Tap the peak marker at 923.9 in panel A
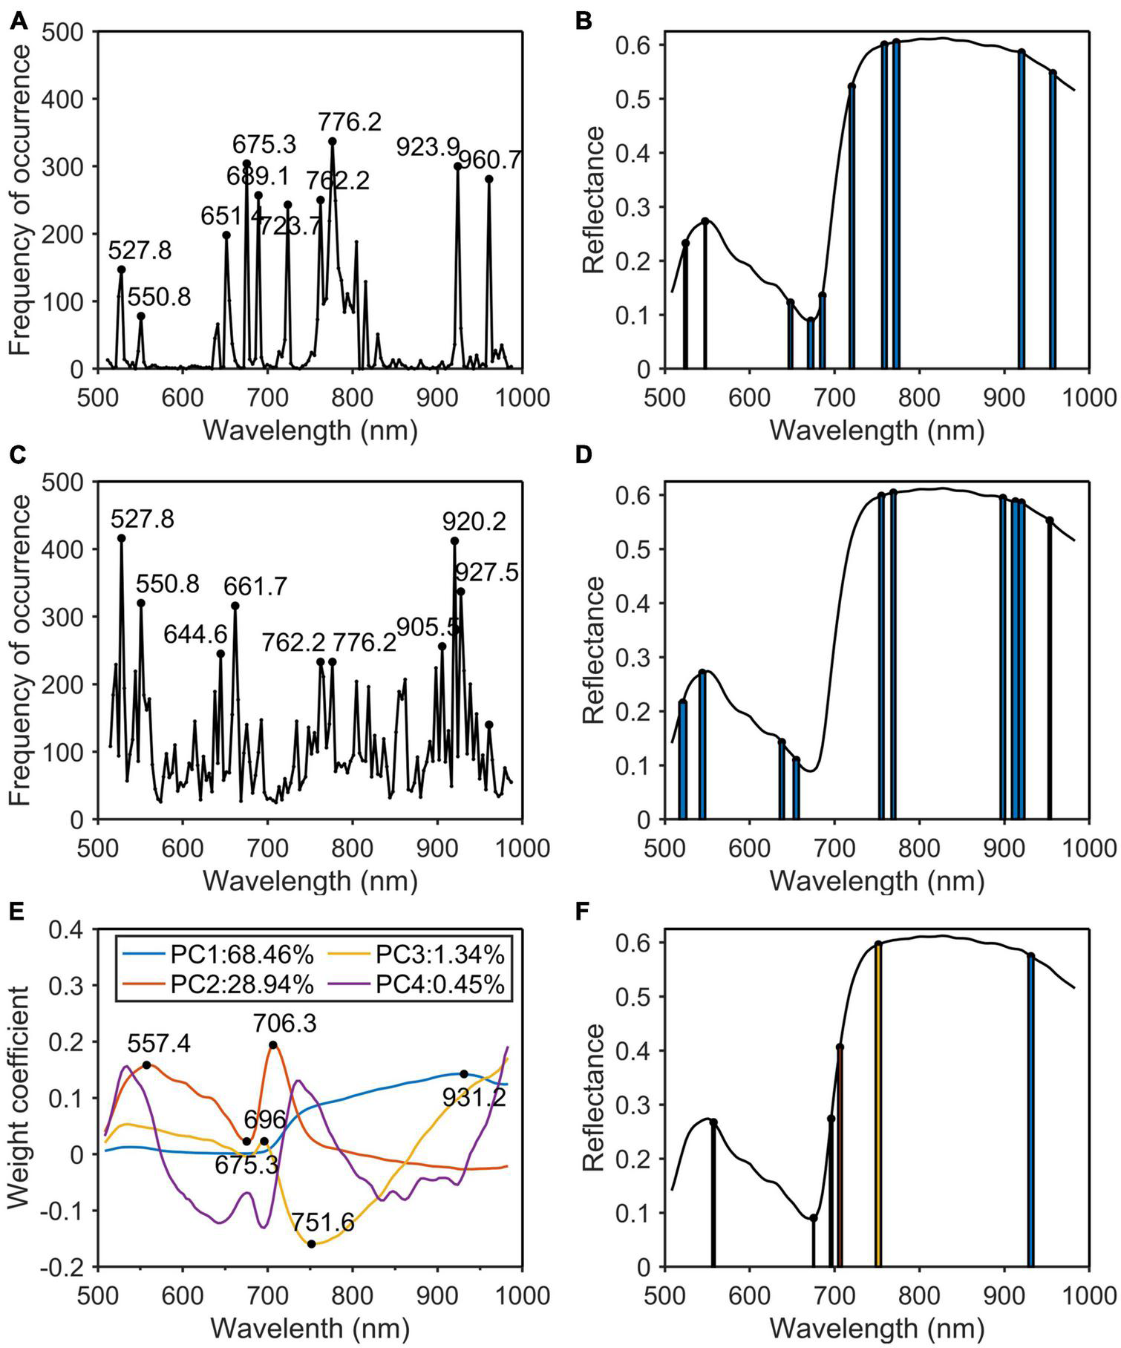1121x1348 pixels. coord(458,166)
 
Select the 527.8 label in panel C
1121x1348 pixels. coord(143,519)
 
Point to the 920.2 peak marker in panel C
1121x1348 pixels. coord(454,541)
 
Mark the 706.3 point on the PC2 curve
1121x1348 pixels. coord(273,1045)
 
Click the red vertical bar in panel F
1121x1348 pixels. coord(840,1158)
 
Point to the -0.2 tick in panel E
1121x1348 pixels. coord(69,1267)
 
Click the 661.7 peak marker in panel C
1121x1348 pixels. coord(235,606)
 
